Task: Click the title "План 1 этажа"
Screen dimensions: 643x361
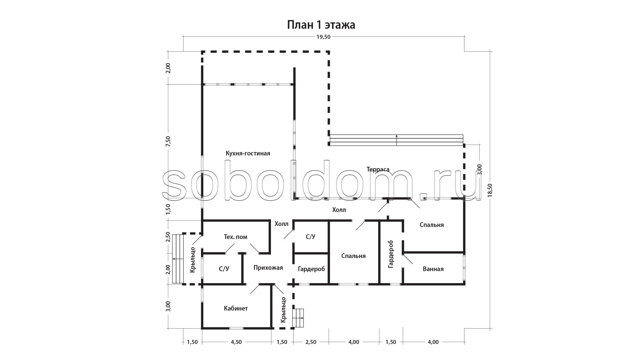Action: [321, 25]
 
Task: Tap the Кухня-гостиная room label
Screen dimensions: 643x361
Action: [248, 153]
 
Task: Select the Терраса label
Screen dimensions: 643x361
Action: [378, 169]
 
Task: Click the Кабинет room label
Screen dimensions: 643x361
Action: [236, 308]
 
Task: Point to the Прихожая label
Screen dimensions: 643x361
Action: [268, 268]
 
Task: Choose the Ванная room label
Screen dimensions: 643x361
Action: [433, 269]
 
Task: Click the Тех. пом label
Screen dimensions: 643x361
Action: [235, 237]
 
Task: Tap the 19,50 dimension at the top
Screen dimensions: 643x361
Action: [323, 37]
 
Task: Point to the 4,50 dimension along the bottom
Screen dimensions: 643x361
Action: [236, 342]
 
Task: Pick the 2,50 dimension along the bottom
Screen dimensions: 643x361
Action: [311, 342]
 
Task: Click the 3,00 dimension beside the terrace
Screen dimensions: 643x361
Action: [479, 169]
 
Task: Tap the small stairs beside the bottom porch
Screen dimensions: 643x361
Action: [298, 318]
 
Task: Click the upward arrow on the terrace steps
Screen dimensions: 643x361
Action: [397, 140]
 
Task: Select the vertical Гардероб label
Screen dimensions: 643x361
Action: [391, 254]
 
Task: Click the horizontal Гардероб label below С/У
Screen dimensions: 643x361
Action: [311, 269]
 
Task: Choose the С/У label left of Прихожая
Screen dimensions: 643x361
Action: [224, 269]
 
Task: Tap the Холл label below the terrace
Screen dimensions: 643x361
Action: [339, 210]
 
